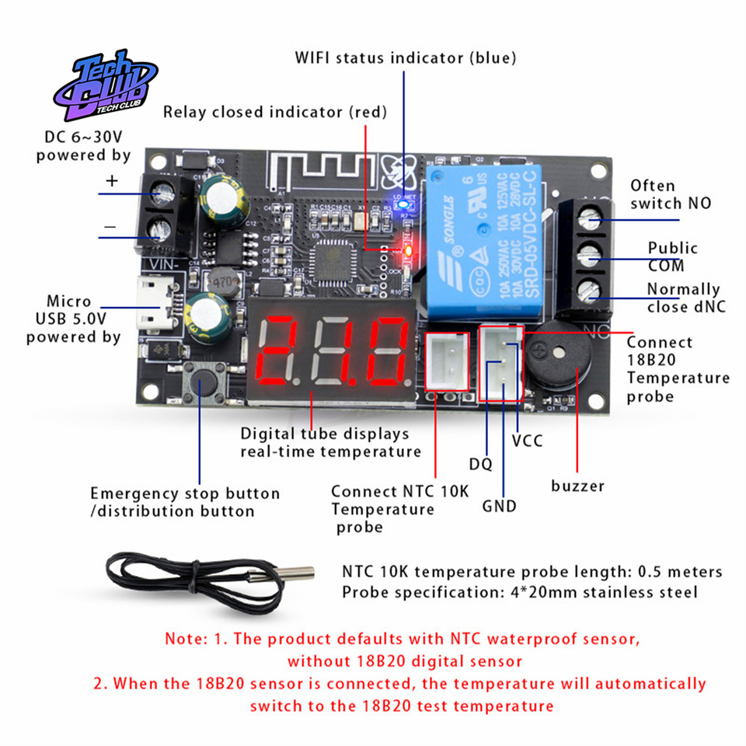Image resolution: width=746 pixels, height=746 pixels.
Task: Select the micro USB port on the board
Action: click(158, 305)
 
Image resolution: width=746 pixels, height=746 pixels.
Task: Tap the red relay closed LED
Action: click(406, 250)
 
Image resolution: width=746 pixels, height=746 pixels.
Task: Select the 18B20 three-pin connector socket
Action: click(501, 361)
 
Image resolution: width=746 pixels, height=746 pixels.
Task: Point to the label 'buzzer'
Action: click(577, 486)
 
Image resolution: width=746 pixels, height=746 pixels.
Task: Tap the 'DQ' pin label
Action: click(480, 465)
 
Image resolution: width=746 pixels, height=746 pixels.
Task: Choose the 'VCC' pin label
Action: click(527, 441)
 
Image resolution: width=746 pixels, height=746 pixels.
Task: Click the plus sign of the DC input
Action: click(111, 181)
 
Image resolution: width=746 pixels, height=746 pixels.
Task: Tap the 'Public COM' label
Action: click(673, 257)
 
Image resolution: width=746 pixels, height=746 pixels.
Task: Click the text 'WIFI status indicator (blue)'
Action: click(405, 58)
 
